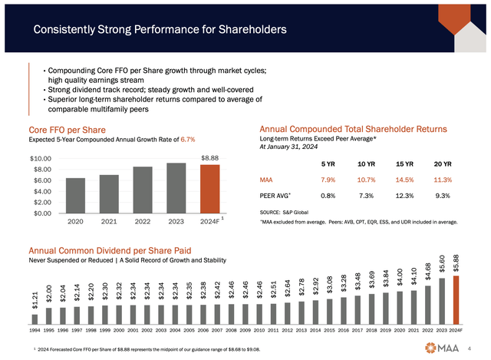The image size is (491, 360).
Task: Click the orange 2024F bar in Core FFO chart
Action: pyautogui.click(x=209, y=189)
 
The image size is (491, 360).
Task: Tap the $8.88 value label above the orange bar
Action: pyautogui.click(x=209, y=157)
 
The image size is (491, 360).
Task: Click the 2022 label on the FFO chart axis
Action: pyautogui.click(x=143, y=221)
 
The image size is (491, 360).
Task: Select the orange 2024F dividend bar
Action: pyautogui.click(x=455, y=300)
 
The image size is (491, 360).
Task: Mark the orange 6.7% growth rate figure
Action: pyautogui.click(x=187, y=140)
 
